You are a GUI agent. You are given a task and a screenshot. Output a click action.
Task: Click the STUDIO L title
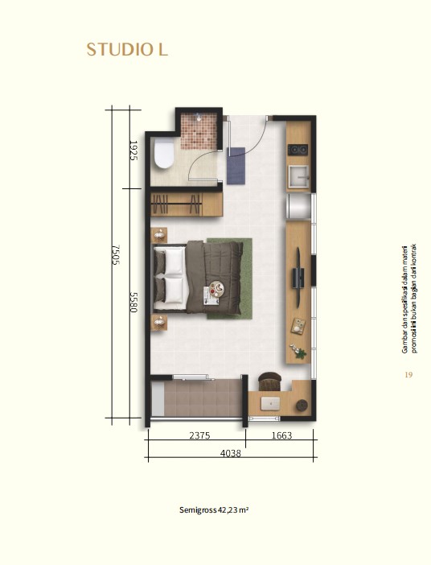point(128,50)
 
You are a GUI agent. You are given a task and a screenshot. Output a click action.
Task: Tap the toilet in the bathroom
point(163,154)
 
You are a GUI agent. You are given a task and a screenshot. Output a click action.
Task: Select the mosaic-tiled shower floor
point(199,131)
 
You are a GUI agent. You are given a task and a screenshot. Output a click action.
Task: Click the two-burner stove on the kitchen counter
point(298,150)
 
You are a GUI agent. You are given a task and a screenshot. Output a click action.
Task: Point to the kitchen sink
point(298,176)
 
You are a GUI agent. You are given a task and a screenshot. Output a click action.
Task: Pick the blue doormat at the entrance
point(236,165)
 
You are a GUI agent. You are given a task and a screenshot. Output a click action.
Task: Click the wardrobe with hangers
point(187,204)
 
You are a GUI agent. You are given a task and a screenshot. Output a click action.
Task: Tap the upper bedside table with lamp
point(158,235)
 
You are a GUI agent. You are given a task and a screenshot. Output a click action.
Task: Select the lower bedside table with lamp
point(158,323)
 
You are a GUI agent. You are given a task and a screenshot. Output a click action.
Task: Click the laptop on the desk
point(270,403)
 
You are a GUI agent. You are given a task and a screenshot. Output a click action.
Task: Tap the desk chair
point(269,381)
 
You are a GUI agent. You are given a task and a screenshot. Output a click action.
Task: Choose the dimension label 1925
point(133,151)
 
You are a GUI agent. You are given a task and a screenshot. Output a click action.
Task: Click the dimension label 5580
point(133,302)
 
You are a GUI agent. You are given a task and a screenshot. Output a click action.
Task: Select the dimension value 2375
point(199,435)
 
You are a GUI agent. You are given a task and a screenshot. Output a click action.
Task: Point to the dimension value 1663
point(281,435)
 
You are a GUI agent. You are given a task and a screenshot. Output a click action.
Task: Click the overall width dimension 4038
point(231,453)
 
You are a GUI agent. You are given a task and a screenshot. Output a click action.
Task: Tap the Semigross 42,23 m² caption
point(214,510)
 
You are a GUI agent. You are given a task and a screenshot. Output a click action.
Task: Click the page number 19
point(408,375)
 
